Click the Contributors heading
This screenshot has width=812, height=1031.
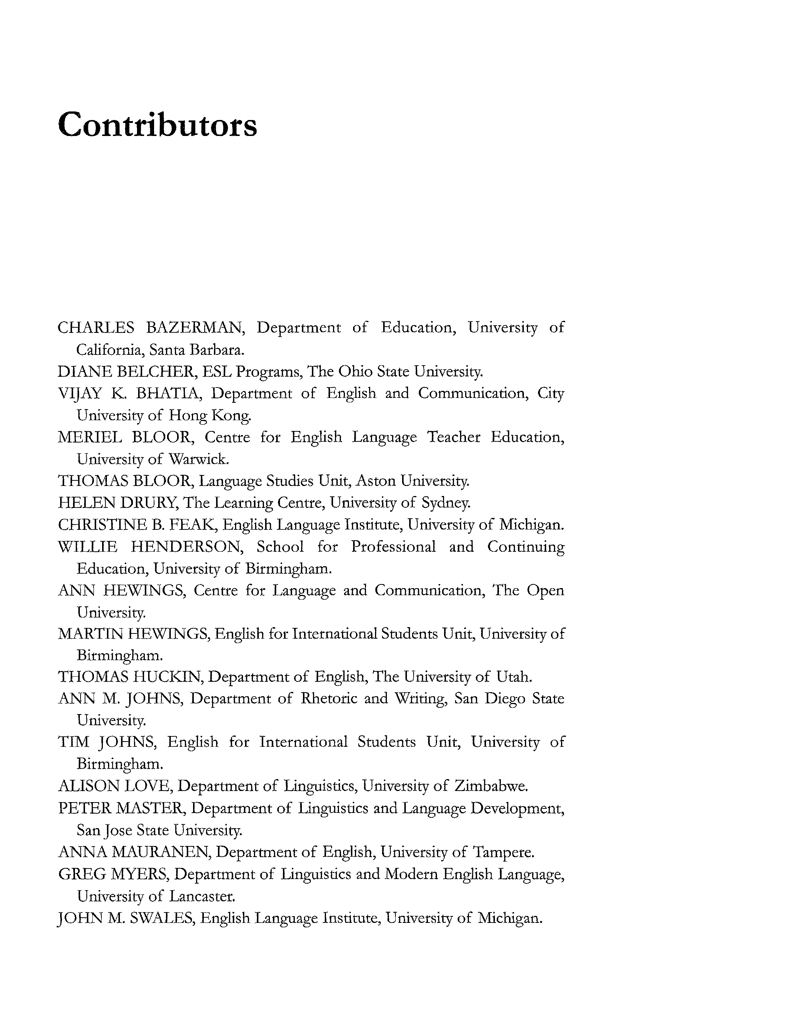click(x=157, y=125)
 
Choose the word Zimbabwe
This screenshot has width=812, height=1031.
click(x=491, y=786)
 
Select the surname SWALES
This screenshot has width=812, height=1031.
click(x=162, y=918)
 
